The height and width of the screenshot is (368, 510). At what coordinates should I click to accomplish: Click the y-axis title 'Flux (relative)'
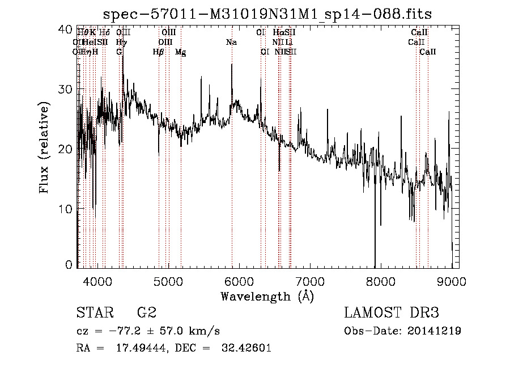coord(44,147)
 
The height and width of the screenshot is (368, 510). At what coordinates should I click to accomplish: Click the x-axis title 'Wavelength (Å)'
coord(267,296)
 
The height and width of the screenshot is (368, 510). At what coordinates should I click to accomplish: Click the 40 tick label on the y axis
coord(66,29)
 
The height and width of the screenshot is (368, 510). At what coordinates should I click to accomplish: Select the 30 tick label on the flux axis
coord(66,90)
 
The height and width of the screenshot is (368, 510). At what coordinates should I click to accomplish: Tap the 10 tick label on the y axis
coord(66,209)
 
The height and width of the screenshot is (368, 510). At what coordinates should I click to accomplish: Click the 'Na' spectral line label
coord(231,42)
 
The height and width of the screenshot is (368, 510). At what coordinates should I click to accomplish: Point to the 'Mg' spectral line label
coord(180,52)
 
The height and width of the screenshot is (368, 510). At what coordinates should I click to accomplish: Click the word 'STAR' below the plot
coord(94,313)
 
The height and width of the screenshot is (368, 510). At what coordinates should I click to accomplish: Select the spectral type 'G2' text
coord(147,313)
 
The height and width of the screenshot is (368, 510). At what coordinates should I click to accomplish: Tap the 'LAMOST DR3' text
coord(391,313)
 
